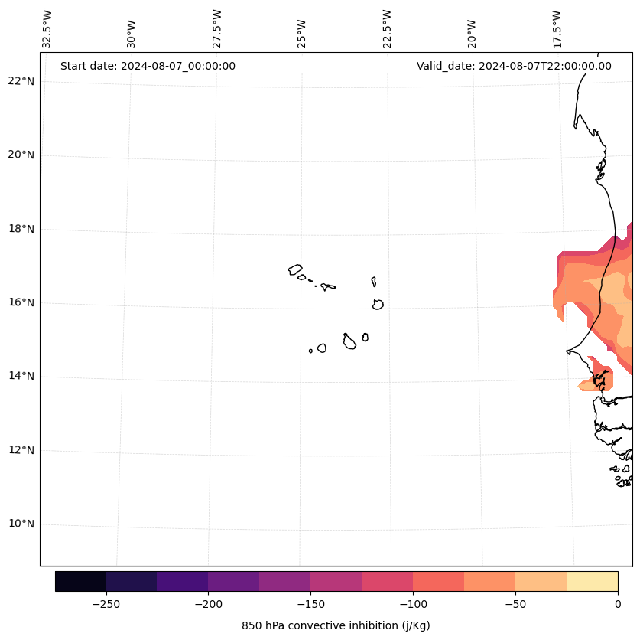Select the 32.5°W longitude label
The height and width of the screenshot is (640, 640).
tap(47, 29)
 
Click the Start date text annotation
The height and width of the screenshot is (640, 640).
tap(148, 66)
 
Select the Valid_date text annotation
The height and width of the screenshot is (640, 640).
tap(514, 66)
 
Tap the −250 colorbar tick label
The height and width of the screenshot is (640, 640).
tap(106, 604)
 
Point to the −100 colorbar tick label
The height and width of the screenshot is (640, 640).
tap(413, 604)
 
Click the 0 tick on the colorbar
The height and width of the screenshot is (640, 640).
tap(618, 604)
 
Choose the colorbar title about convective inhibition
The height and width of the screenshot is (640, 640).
tap(336, 625)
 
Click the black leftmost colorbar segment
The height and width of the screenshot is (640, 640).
tap(80, 581)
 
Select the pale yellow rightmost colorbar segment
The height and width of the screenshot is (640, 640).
tap(593, 581)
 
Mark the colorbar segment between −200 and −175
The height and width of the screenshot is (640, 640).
tap(234, 581)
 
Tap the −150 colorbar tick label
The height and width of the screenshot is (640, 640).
tap(310, 604)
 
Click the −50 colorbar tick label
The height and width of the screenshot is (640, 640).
tap(515, 604)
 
